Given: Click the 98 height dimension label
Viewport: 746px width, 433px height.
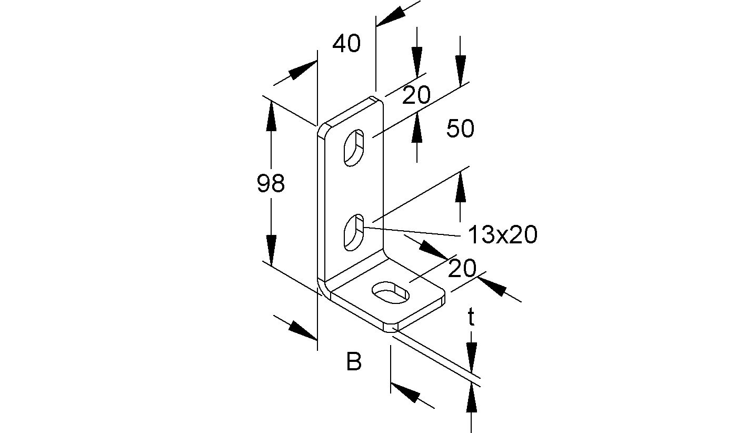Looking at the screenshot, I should [271, 184].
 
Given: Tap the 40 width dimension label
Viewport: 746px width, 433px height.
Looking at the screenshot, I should [346, 44].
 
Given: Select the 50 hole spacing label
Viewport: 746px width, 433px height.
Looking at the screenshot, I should [460, 129].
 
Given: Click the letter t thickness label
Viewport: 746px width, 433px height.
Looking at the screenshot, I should [471, 318].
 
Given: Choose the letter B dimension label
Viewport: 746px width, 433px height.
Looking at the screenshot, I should [354, 362].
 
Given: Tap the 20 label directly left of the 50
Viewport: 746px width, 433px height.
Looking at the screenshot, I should [416, 96].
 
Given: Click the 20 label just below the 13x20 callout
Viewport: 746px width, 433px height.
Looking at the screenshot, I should [462, 269].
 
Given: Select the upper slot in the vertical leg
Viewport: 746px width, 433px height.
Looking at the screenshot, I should [354, 147].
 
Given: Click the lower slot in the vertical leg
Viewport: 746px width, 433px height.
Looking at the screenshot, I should [353, 232].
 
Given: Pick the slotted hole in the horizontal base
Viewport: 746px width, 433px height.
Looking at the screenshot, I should [391, 293].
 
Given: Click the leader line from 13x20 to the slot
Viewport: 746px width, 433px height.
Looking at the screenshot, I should [411, 231].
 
